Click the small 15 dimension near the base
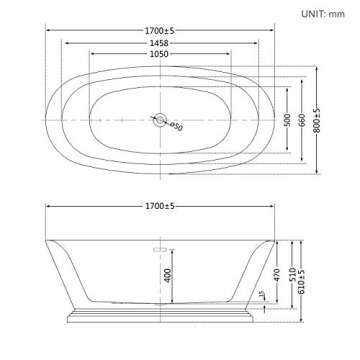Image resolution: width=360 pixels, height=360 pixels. point(262,295)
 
